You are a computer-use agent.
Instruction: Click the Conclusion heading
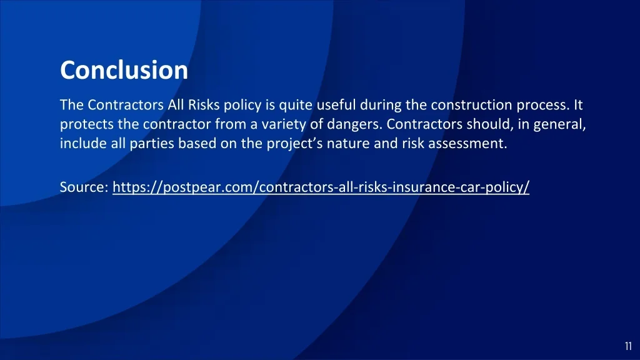pyautogui.click(x=124, y=70)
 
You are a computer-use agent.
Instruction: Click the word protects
pyautogui.click(x=82, y=124)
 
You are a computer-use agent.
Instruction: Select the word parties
pyautogui.click(x=152, y=144)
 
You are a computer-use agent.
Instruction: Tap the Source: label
pyautogui.click(x=84, y=187)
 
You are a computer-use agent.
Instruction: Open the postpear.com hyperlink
pyautogui.click(x=321, y=187)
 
